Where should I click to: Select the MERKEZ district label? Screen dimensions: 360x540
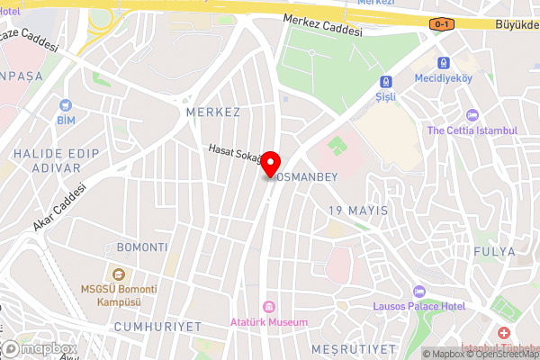click(x=212, y=112)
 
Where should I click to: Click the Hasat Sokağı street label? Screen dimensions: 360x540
click(x=234, y=155)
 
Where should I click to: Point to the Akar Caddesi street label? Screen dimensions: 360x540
click(x=58, y=208)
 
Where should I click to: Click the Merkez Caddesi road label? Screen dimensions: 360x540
click(x=321, y=24)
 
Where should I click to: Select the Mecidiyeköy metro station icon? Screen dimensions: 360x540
click(x=444, y=63)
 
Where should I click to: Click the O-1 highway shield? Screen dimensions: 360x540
click(x=441, y=23)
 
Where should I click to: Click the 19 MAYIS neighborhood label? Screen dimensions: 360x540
click(x=358, y=211)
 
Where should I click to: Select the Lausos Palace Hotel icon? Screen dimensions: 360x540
click(x=418, y=291)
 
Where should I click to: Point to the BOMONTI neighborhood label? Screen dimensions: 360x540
click(x=141, y=247)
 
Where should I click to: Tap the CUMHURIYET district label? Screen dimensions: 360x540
click(x=158, y=326)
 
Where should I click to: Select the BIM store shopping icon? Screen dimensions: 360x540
click(x=66, y=103)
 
